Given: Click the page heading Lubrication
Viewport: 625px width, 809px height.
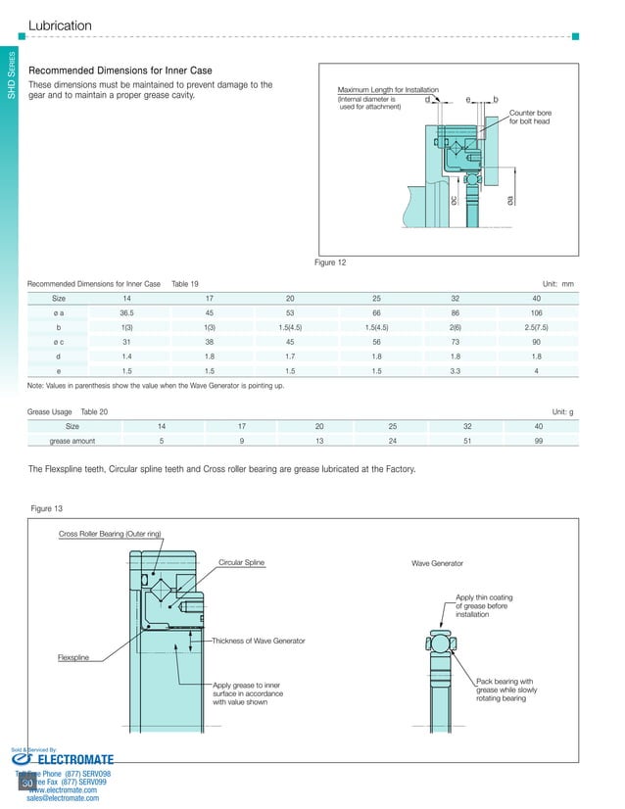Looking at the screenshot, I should [60, 25].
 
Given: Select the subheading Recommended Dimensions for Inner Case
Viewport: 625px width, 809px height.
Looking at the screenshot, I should [120, 71].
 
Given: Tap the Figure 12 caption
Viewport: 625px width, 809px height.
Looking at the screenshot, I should [325, 262].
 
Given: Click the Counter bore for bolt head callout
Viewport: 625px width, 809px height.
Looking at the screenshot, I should [529, 118].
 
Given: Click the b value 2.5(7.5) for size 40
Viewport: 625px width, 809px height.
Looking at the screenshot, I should [536, 328].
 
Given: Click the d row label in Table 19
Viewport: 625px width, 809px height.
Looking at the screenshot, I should [59, 357].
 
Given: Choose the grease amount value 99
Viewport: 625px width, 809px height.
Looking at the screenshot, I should [538, 442].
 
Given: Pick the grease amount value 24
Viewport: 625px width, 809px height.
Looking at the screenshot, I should [392, 442].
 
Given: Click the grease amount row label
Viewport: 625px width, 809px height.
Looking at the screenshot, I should [72, 442].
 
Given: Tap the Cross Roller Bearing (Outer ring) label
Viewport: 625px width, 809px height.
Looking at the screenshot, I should [110, 534].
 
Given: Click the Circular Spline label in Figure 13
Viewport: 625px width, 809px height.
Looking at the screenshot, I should [241, 563].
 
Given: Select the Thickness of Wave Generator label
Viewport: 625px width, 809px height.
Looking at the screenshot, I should [259, 641].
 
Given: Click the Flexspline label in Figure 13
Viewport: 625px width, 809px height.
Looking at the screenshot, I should [73, 657].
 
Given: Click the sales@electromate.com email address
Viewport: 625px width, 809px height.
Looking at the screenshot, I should [63, 798].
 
